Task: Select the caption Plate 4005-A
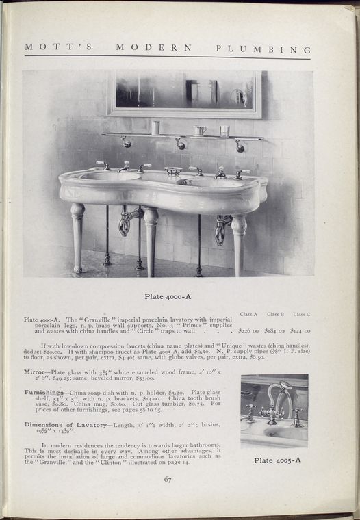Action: pos(277,460)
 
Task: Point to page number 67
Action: pos(168,479)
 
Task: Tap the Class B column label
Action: pos(275,314)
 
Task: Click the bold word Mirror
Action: pos(34,372)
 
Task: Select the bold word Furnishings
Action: pos(44,392)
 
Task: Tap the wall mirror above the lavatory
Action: pos(185,93)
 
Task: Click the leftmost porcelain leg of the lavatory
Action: pos(78,236)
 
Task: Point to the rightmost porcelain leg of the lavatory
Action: pos(238,243)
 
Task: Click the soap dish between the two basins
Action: pos(173,170)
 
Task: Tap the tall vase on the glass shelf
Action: pos(156,128)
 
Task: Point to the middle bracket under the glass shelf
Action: pos(179,143)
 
